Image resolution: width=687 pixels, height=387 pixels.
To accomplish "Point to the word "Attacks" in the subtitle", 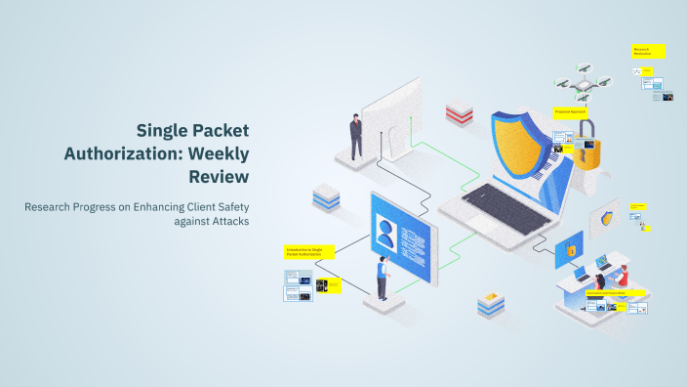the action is [x=227, y=222].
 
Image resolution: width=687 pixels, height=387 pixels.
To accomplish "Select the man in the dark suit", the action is [x=357, y=136].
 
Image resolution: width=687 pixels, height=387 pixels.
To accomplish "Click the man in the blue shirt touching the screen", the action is [x=383, y=280].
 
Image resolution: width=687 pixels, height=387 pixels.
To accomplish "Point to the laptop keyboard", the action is [x=488, y=205].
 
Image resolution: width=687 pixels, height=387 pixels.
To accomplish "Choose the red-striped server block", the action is [x=460, y=112].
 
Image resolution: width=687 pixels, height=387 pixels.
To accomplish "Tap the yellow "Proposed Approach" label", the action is [x=570, y=112].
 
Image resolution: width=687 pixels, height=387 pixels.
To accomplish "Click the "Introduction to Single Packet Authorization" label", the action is [x=303, y=251].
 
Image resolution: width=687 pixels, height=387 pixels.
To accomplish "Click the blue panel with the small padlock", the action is [x=569, y=251].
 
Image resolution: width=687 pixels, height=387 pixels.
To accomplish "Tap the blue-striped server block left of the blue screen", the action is [x=325, y=198].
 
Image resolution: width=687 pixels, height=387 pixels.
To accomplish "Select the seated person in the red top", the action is [x=624, y=276].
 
